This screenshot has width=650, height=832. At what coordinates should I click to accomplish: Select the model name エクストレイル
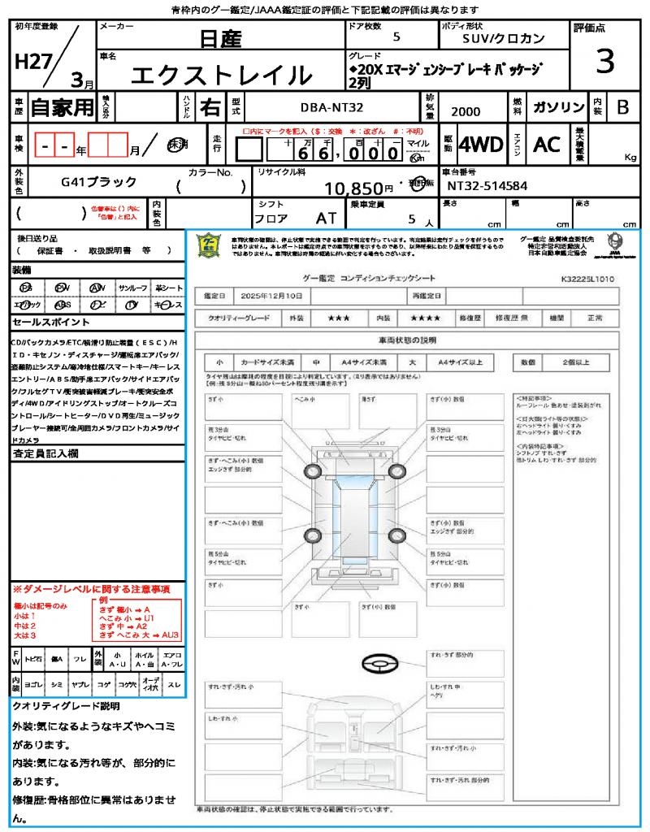pos(221,75)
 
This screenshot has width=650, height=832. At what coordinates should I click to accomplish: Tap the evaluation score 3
pos(604,61)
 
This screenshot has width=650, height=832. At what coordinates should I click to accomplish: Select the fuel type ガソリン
pos(558,107)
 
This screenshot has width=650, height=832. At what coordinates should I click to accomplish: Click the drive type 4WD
pos(481,145)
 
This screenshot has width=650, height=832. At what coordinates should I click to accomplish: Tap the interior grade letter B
pos(622,107)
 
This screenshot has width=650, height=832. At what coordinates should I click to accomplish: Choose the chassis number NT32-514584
pos(487,186)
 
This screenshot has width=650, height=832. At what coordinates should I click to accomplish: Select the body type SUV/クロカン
pos(504,38)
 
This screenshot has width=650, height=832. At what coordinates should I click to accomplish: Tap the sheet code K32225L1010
pos(587,279)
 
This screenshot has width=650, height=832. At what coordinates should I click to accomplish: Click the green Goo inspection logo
pos(210,245)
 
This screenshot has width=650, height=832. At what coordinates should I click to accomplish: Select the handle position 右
pos(210,107)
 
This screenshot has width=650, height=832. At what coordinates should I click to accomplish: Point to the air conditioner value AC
pos(547,145)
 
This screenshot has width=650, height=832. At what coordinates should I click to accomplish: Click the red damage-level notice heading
pos(90,587)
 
